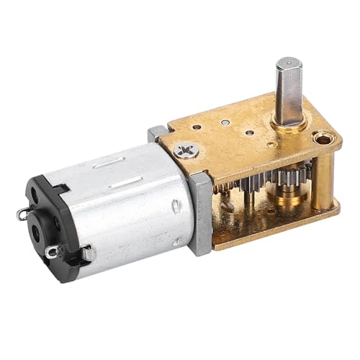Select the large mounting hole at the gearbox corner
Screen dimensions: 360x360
click(x=322, y=138)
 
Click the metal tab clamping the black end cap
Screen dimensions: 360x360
click(x=86, y=253)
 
